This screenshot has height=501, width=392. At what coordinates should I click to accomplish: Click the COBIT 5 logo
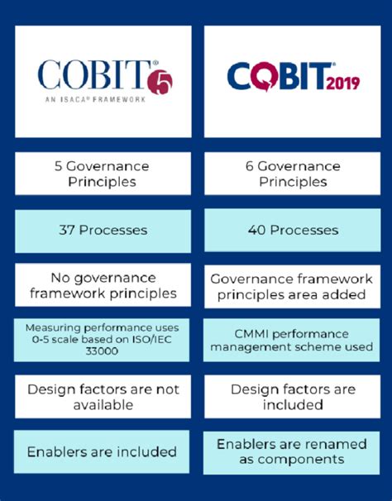103,80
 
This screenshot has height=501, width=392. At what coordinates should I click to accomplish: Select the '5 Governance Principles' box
103,173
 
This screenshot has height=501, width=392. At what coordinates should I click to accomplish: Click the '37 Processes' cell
103,230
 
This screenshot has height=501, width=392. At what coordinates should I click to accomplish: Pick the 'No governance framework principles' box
103,285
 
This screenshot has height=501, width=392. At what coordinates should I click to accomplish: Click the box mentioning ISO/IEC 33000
103,339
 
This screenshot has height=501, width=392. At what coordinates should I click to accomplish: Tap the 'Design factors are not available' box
103,396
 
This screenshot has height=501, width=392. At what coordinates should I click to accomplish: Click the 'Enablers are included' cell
103,451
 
